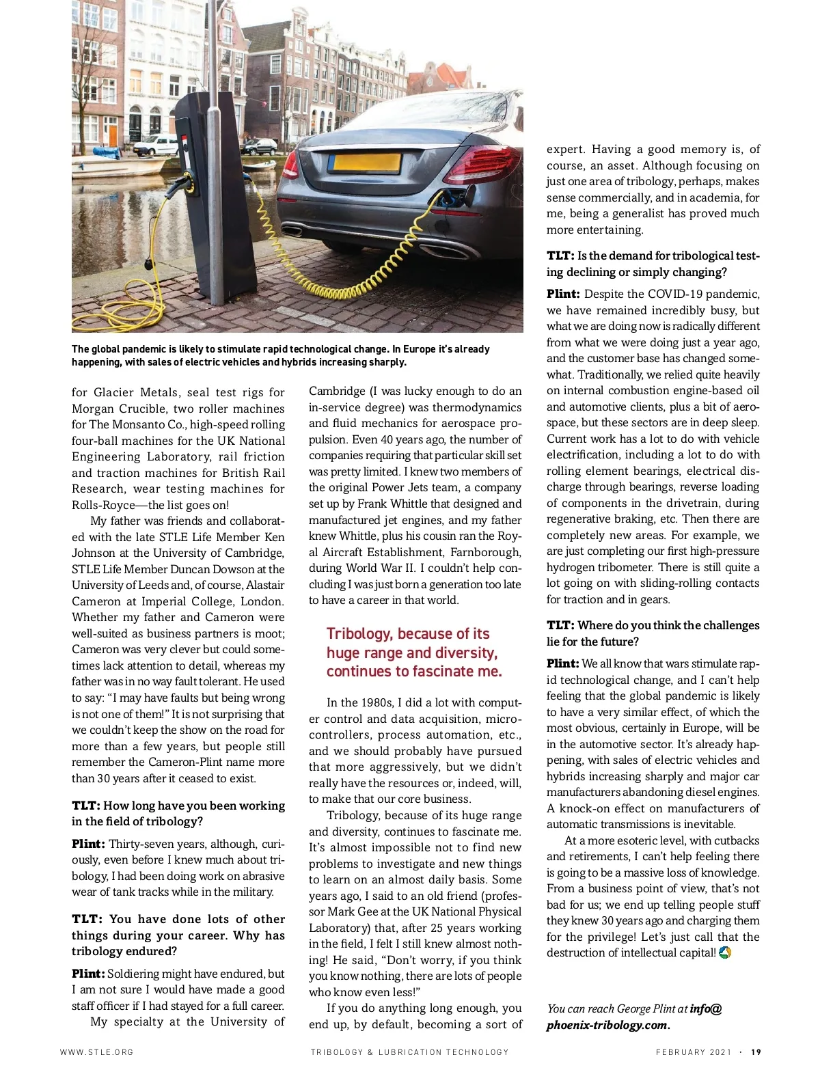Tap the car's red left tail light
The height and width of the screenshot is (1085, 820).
(290, 164)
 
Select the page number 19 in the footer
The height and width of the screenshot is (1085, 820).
(756, 1052)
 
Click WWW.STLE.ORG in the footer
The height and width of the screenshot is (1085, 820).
(96, 1052)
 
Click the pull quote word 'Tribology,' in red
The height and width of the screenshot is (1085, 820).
(360, 634)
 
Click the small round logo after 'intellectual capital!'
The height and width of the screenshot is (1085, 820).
(725, 952)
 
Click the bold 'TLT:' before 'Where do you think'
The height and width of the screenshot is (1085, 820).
(560, 626)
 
